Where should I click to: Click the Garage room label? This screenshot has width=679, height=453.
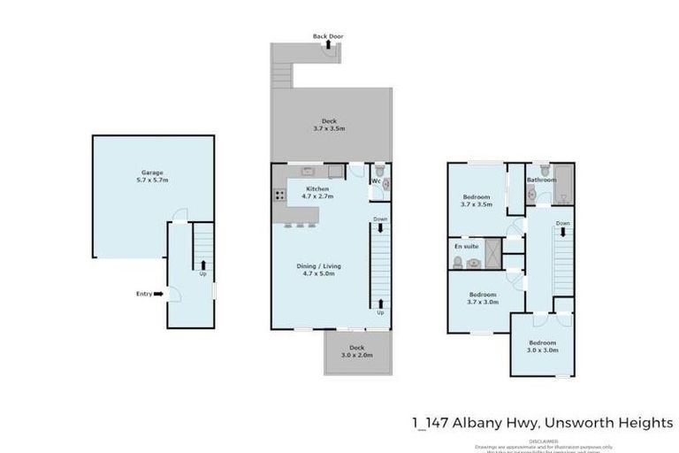[152, 176]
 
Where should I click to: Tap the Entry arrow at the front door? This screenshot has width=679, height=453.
[157, 294]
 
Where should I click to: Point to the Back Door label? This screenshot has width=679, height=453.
[327, 36]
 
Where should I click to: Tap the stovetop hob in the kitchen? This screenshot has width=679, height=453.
[278, 195]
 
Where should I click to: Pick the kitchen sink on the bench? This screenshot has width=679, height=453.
[309, 170]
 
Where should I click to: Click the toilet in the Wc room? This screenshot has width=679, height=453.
[379, 171]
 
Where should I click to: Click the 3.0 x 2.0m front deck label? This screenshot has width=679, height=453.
[356, 351]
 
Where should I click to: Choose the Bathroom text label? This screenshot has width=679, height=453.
[541, 180]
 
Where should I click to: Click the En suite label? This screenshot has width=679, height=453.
[465, 246]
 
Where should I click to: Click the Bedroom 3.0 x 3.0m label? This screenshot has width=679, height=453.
[542, 346]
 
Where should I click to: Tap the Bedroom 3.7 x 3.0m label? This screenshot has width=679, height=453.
[482, 298]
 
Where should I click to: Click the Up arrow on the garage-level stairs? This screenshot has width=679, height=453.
[203, 264]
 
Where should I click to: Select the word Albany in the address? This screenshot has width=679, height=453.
[484, 423]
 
